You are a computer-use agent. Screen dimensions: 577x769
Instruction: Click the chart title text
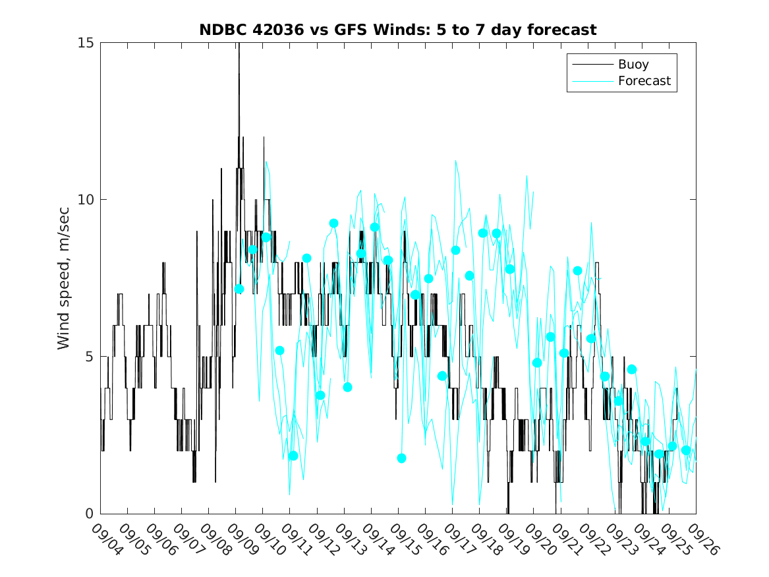[398, 30]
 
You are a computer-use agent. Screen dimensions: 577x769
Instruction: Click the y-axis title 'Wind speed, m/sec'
[64, 278]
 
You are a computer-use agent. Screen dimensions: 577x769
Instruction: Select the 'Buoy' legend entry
[633, 65]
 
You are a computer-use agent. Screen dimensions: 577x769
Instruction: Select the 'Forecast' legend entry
[644, 81]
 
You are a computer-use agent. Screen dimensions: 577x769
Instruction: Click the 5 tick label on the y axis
[91, 357]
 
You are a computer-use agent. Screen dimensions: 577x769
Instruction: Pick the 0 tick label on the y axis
[91, 514]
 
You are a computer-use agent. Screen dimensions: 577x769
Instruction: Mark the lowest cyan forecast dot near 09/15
[401, 458]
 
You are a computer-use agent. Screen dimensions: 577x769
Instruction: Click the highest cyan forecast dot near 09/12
[333, 224]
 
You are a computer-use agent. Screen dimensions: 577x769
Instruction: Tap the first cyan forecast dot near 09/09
[239, 289]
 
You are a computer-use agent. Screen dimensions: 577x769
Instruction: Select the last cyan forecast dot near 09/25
[685, 450]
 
